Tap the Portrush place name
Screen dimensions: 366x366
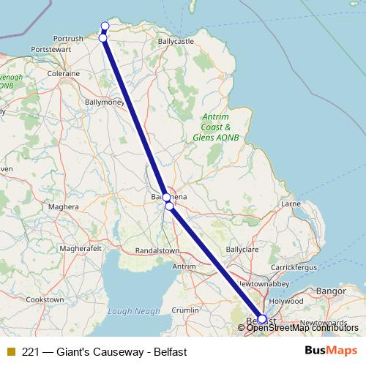68,38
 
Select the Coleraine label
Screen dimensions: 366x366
63,74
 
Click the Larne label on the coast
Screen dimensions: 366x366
291,203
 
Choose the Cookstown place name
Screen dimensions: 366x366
45,299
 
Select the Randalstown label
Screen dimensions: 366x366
157,250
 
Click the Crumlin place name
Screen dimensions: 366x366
184,310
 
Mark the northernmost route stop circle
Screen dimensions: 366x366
105,26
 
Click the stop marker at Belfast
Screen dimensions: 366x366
262,319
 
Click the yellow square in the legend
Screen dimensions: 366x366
10,352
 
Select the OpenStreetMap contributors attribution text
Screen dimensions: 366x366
302,328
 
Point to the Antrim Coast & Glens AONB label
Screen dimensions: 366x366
216,127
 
